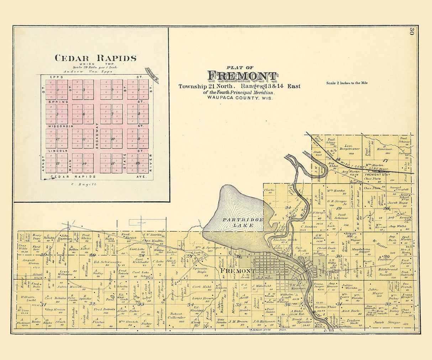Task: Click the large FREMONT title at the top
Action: [242, 76]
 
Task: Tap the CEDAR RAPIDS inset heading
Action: [95, 58]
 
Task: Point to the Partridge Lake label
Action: [243, 222]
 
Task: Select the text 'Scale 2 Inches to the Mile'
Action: [347, 83]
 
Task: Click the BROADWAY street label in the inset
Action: [96, 135]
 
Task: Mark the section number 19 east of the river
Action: [338, 208]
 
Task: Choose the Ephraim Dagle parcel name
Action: [200, 270]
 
